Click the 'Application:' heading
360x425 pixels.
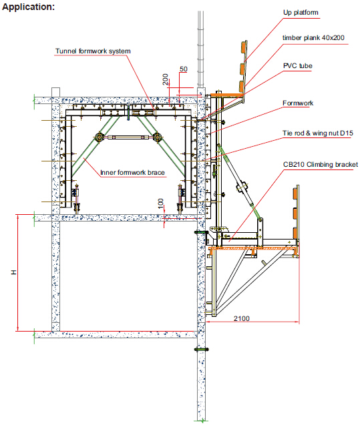(28, 7)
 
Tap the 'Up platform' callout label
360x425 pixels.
(301, 13)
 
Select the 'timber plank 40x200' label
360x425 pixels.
(313, 37)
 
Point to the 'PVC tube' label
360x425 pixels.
(298, 66)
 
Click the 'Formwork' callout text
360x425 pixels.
(298, 103)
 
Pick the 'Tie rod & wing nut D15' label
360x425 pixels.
(318, 133)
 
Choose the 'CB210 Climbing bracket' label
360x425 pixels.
(321, 165)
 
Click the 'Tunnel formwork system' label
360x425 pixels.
(93, 51)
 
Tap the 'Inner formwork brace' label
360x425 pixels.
(132, 172)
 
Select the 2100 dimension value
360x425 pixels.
(241, 318)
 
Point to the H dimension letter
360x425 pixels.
(13, 272)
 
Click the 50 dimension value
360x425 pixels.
(184, 69)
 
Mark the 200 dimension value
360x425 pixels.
(165, 79)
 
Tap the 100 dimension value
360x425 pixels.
(161, 203)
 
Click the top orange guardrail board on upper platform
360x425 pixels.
(244, 47)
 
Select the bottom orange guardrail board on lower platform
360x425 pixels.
(295, 234)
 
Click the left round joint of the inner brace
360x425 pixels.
(99, 137)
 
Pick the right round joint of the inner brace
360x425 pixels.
(158, 137)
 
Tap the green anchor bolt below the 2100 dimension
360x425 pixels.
(201, 350)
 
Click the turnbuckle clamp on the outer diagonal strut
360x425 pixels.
(242, 187)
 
